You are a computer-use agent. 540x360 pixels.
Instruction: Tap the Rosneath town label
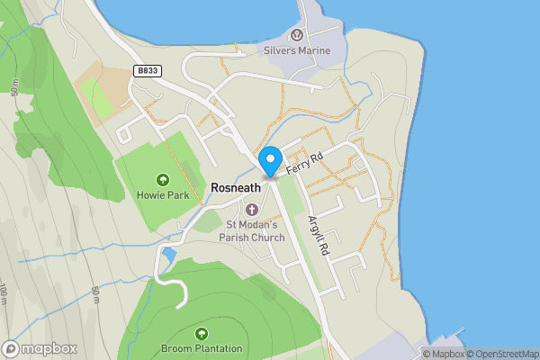click(x=236, y=187)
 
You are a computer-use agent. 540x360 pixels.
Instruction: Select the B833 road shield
click(x=148, y=69)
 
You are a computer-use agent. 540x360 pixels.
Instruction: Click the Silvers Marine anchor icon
click(x=296, y=35)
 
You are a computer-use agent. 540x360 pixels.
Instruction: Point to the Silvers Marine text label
click(x=296, y=50)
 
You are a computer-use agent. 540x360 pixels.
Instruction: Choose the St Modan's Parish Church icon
click(x=251, y=209)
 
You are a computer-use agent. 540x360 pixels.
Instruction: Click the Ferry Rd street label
click(x=304, y=163)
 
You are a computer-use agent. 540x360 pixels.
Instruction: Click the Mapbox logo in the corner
click(x=40, y=348)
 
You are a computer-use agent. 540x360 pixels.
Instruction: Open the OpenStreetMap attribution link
click(x=500, y=353)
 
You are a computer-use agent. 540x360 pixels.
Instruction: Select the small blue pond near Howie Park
click(x=168, y=257)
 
